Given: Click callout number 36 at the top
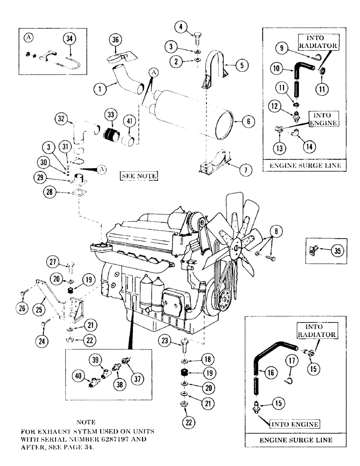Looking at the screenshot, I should pos(115,41).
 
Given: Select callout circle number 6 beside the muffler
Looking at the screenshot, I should pos(249,121).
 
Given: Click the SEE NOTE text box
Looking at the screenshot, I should pos(138,176).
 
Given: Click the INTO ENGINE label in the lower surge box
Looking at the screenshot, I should pos(295,424).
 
